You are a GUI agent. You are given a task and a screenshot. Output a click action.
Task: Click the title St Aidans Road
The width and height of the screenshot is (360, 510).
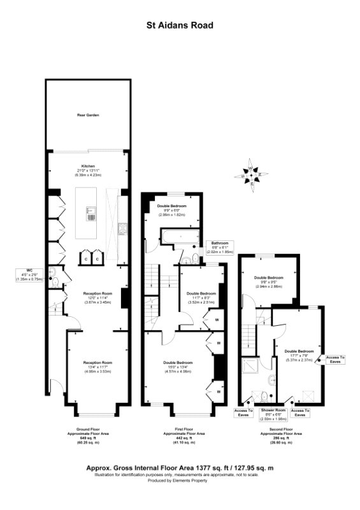[x=180, y=25]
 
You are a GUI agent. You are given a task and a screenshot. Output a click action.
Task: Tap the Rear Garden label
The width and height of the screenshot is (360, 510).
[x=88, y=115]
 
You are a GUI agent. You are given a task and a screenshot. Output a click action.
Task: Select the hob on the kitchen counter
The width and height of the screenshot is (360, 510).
[x=122, y=226]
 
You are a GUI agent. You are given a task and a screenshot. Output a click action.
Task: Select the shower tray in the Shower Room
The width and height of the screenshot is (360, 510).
[x=249, y=367]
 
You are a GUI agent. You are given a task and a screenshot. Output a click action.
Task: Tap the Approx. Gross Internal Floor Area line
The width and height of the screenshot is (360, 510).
[x=180, y=467]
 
